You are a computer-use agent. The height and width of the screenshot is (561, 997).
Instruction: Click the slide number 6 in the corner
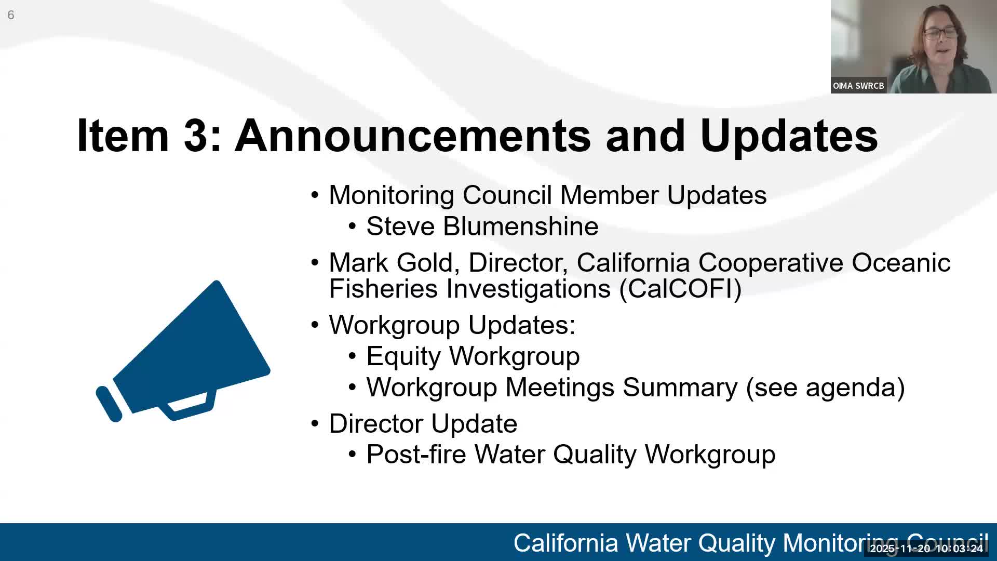[11, 15]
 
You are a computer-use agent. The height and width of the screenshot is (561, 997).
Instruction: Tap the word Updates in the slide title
[788, 136]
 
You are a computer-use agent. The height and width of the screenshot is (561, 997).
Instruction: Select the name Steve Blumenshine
[482, 226]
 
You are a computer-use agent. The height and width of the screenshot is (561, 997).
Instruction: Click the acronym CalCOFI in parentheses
[680, 289]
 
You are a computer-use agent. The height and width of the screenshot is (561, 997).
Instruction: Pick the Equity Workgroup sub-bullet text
[473, 356]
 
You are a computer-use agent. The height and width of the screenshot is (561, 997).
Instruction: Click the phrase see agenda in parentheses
[825, 388]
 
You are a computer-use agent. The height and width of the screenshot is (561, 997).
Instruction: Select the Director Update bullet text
[423, 424]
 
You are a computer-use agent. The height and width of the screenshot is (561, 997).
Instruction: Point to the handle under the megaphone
[190, 408]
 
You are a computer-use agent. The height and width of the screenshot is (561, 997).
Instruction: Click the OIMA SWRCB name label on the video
[858, 86]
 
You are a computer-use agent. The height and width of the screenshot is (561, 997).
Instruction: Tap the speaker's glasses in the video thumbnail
[940, 33]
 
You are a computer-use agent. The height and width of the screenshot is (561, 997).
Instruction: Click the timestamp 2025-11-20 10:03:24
[926, 549]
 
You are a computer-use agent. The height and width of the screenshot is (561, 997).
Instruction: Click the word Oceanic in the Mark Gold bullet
[901, 263]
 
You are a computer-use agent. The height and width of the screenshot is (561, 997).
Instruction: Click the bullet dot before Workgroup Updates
[315, 325]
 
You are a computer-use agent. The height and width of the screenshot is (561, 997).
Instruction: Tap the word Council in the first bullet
[507, 196]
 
